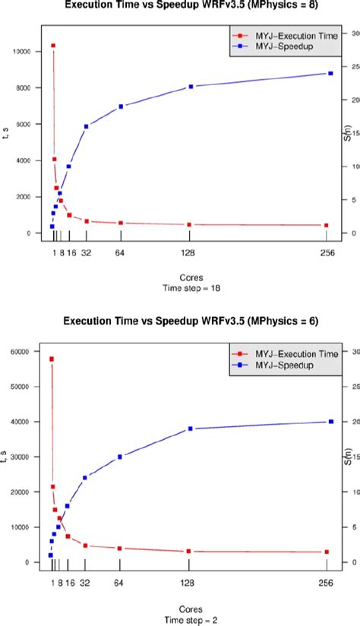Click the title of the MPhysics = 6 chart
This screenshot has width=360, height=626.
179,321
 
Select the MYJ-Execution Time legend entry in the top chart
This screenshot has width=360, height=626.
278,35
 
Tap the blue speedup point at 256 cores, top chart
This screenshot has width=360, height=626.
330,73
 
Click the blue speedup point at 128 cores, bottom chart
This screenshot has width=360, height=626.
190,428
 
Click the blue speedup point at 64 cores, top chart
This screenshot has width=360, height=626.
121,106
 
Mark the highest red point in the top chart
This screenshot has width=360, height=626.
52,46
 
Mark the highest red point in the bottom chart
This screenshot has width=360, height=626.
52,359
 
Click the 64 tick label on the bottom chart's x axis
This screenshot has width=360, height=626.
120,583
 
